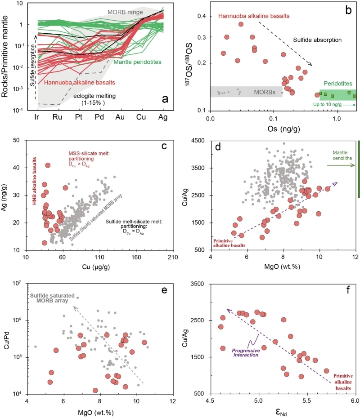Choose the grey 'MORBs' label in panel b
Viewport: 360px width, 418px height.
[x=257, y=92]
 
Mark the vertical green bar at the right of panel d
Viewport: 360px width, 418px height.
[x=358, y=169]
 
